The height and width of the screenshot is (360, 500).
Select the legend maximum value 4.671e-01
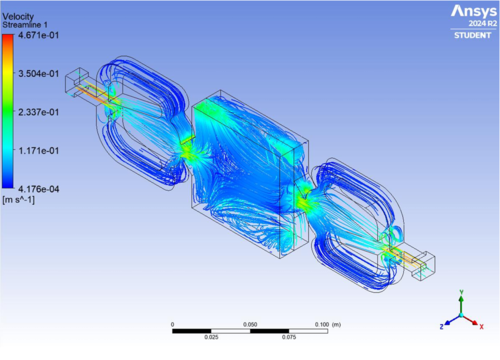click(x=38, y=35)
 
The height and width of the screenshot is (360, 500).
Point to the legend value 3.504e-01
click(x=38, y=73)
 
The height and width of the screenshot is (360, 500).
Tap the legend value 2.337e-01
click(x=38, y=112)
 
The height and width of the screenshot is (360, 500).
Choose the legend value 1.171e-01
click(x=38, y=150)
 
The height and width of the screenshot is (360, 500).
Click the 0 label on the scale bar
click(x=173, y=325)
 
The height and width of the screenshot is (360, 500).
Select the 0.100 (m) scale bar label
click(x=326, y=325)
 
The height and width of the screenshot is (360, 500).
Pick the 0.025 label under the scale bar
click(x=211, y=338)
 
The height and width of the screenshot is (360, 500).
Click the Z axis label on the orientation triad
click(x=442, y=326)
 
